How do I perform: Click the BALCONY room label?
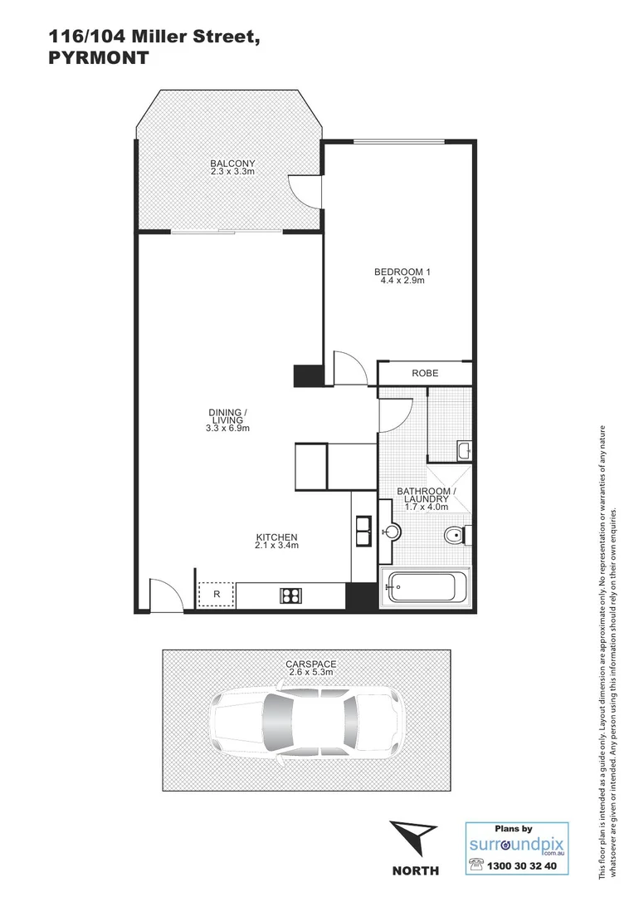pyautogui.click(x=232, y=163)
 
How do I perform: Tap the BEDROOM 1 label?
pyautogui.click(x=402, y=272)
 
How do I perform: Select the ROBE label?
pyautogui.click(x=425, y=374)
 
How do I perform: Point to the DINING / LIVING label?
pyautogui.click(x=227, y=413)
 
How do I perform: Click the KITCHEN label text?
pyautogui.click(x=276, y=537)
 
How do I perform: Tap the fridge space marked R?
pyautogui.click(x=217, y=595)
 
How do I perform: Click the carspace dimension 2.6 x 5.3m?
pyautogui.click(x=310, y=672)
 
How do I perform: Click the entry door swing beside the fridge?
pyautogui.click(x=165, y=594)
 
